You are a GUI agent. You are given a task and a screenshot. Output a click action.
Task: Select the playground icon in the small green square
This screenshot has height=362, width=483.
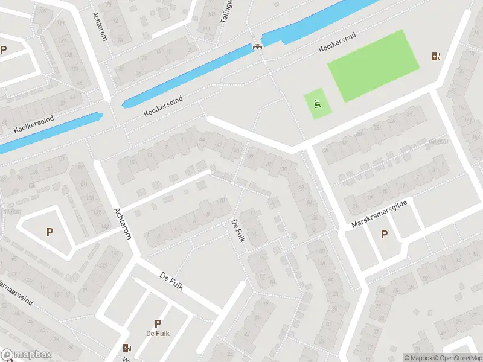click(x=318, y=104)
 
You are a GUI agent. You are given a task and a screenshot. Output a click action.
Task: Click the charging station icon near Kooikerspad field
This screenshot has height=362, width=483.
click(x=436, y=57)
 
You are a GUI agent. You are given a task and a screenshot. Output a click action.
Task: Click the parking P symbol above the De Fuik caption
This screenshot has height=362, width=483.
click(x=158, y=323)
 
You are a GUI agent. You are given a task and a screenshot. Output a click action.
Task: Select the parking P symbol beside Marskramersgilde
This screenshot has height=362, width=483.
click(x=383, y=234)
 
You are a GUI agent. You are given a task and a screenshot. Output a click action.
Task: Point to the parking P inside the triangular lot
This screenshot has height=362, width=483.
click(x=50, y=231)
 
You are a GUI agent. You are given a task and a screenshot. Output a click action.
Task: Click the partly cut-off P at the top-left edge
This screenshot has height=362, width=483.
click(x=4, y=50)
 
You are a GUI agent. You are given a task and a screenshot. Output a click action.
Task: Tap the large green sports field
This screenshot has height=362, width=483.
click(x=373, y=65)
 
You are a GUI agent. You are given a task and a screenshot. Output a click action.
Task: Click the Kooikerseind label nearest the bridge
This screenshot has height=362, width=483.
click(x=165, y=106)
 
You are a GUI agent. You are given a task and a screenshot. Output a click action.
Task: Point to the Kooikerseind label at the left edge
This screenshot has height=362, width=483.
click(x=33, y=125)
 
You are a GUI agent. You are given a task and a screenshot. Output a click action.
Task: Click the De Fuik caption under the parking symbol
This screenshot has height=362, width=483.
click(x=158, y=334)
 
